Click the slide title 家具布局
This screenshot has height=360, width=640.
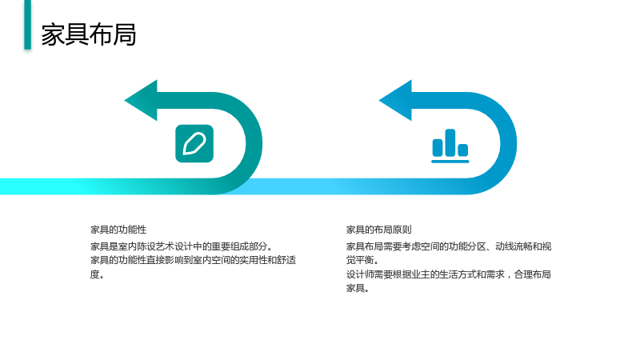(x=89, y=34)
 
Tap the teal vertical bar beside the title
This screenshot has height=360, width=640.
(x=28, y=25)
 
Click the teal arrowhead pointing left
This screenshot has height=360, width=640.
(x=142, y=101)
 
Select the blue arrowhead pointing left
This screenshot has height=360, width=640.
(x=396, y=101)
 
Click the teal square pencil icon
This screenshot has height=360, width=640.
(x=194, y=144)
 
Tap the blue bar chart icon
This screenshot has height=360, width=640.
(x=450, y=146)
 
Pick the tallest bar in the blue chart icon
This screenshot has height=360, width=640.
(x=450, y=142)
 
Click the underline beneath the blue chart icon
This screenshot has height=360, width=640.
(x=450, y=162)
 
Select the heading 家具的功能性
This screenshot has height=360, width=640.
(x=118, y=230)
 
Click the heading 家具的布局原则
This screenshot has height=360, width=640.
(x=378, y=230)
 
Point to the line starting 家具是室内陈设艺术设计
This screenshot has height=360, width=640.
(x=182, y=246)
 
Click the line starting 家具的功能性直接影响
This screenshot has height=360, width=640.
(x=193, y=261)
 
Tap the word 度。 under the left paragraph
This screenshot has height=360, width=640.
(x=97, y=274)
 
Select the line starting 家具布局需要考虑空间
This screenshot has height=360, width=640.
(x=449, y=246)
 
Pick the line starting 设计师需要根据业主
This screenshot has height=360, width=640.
(x=449, y=274)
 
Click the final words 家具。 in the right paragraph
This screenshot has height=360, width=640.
(x=358, y=288)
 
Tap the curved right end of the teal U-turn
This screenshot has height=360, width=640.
(x=254, y=143)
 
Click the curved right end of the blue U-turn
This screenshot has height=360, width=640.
(x=509, y=143)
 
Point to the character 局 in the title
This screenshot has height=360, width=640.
(x=125, y=34)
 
